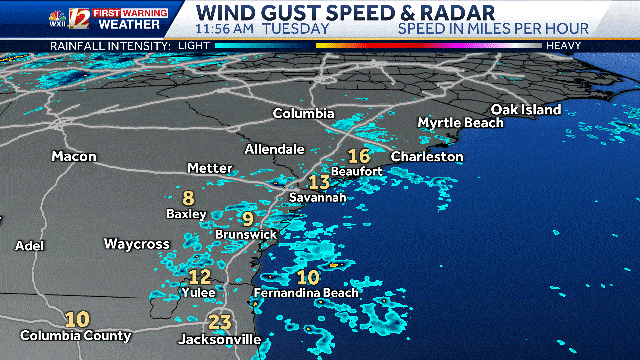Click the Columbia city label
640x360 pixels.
pyautogui.click(x=303, y=113)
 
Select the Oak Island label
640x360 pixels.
pyautogui.click(x=526, y=109)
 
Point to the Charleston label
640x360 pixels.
pyautogui.click(x=427, y=157)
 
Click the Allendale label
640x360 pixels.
pyautogui.click(x=275, y=149)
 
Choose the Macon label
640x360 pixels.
pyautogui.click(x=75, y=157)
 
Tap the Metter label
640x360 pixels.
pyautogui.click(x=210, y=167)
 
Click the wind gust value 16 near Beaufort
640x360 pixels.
pyautogui.click(x=358, y=156)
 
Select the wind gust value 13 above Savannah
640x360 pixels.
pyautogui.click(x=319, y=182)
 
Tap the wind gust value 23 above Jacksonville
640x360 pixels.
pyautogui.click(x=220, y=322)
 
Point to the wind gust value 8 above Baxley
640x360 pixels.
pyautogui.click(x=188, y=197)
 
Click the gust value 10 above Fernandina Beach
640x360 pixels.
pyautogui.click(x=308, y=277)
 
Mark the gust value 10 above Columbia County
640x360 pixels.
pyautogui.click(x=76, y=320)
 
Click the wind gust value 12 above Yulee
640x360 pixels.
pyautogui.click(x=200, y=276)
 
